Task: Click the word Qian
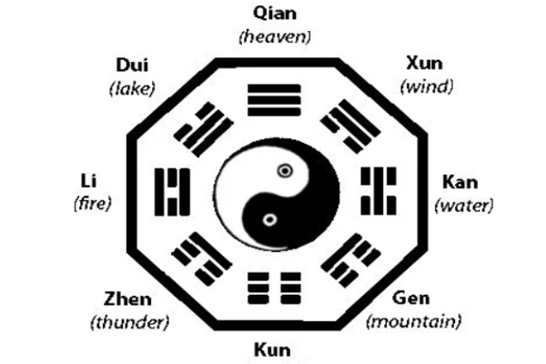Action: tap(275, 14)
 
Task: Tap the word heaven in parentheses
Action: tap(275, 36)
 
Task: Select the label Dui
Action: tap(132, 66)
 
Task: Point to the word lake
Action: tap(132, 88)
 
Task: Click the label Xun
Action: tap(424, 64)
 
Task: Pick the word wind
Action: tap(427, 86)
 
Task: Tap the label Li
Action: tap(89, 181)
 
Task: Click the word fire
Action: tap(93, 204)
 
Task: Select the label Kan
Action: tap(460, 182)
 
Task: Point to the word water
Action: tap(464, 206)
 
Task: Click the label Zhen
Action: tap(127, 299)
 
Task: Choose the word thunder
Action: tap(130, 322)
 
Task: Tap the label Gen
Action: tap(410, 298)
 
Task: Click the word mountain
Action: tap(414, 321)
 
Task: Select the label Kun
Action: tap(272, 350)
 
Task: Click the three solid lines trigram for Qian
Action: tap(274, 100)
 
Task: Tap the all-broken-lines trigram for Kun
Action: tap(274, 288)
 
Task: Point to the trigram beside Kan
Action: tap(379, 191)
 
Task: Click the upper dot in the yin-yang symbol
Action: tap(285, 171)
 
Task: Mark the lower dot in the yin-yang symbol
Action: tap(269, 220)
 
